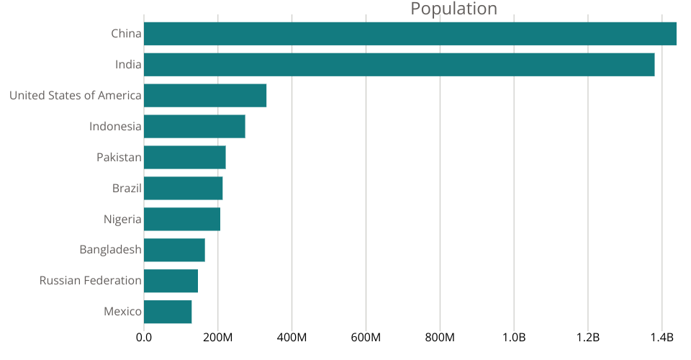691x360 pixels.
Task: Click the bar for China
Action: click(x=410, y=34)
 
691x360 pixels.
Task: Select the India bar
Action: click(x=399, y=65)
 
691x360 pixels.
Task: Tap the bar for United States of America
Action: click(x=205, y=96)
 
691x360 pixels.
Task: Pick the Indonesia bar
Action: click(x=194, y=127)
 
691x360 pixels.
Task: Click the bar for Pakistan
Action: click(x=184, y=158)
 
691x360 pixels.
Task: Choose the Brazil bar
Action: click(x=183, y=189)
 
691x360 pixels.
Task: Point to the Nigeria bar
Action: click(x=182, y=219)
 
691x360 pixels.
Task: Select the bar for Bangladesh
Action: click(x=174, y=250)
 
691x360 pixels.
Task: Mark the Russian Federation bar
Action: click(x=171, y=281)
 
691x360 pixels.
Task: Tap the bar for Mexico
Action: click(x=168, y=312)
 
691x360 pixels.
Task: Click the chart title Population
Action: click(x=453, y=9)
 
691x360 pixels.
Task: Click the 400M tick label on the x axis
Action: click(x=292, y=338)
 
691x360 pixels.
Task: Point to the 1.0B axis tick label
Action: click(x=514, y=338)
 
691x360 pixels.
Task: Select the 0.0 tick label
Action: click(x=144, y=338)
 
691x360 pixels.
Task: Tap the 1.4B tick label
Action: click(x=661, y=338)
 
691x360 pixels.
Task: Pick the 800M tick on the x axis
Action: click(x=440, y=338)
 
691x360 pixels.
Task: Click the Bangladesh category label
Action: click(x=110, y=250)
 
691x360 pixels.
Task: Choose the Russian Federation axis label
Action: click(x=90, y=281)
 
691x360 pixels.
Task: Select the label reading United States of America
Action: click(x=75, y=96)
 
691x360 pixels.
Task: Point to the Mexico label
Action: click(x=122, y=312)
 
